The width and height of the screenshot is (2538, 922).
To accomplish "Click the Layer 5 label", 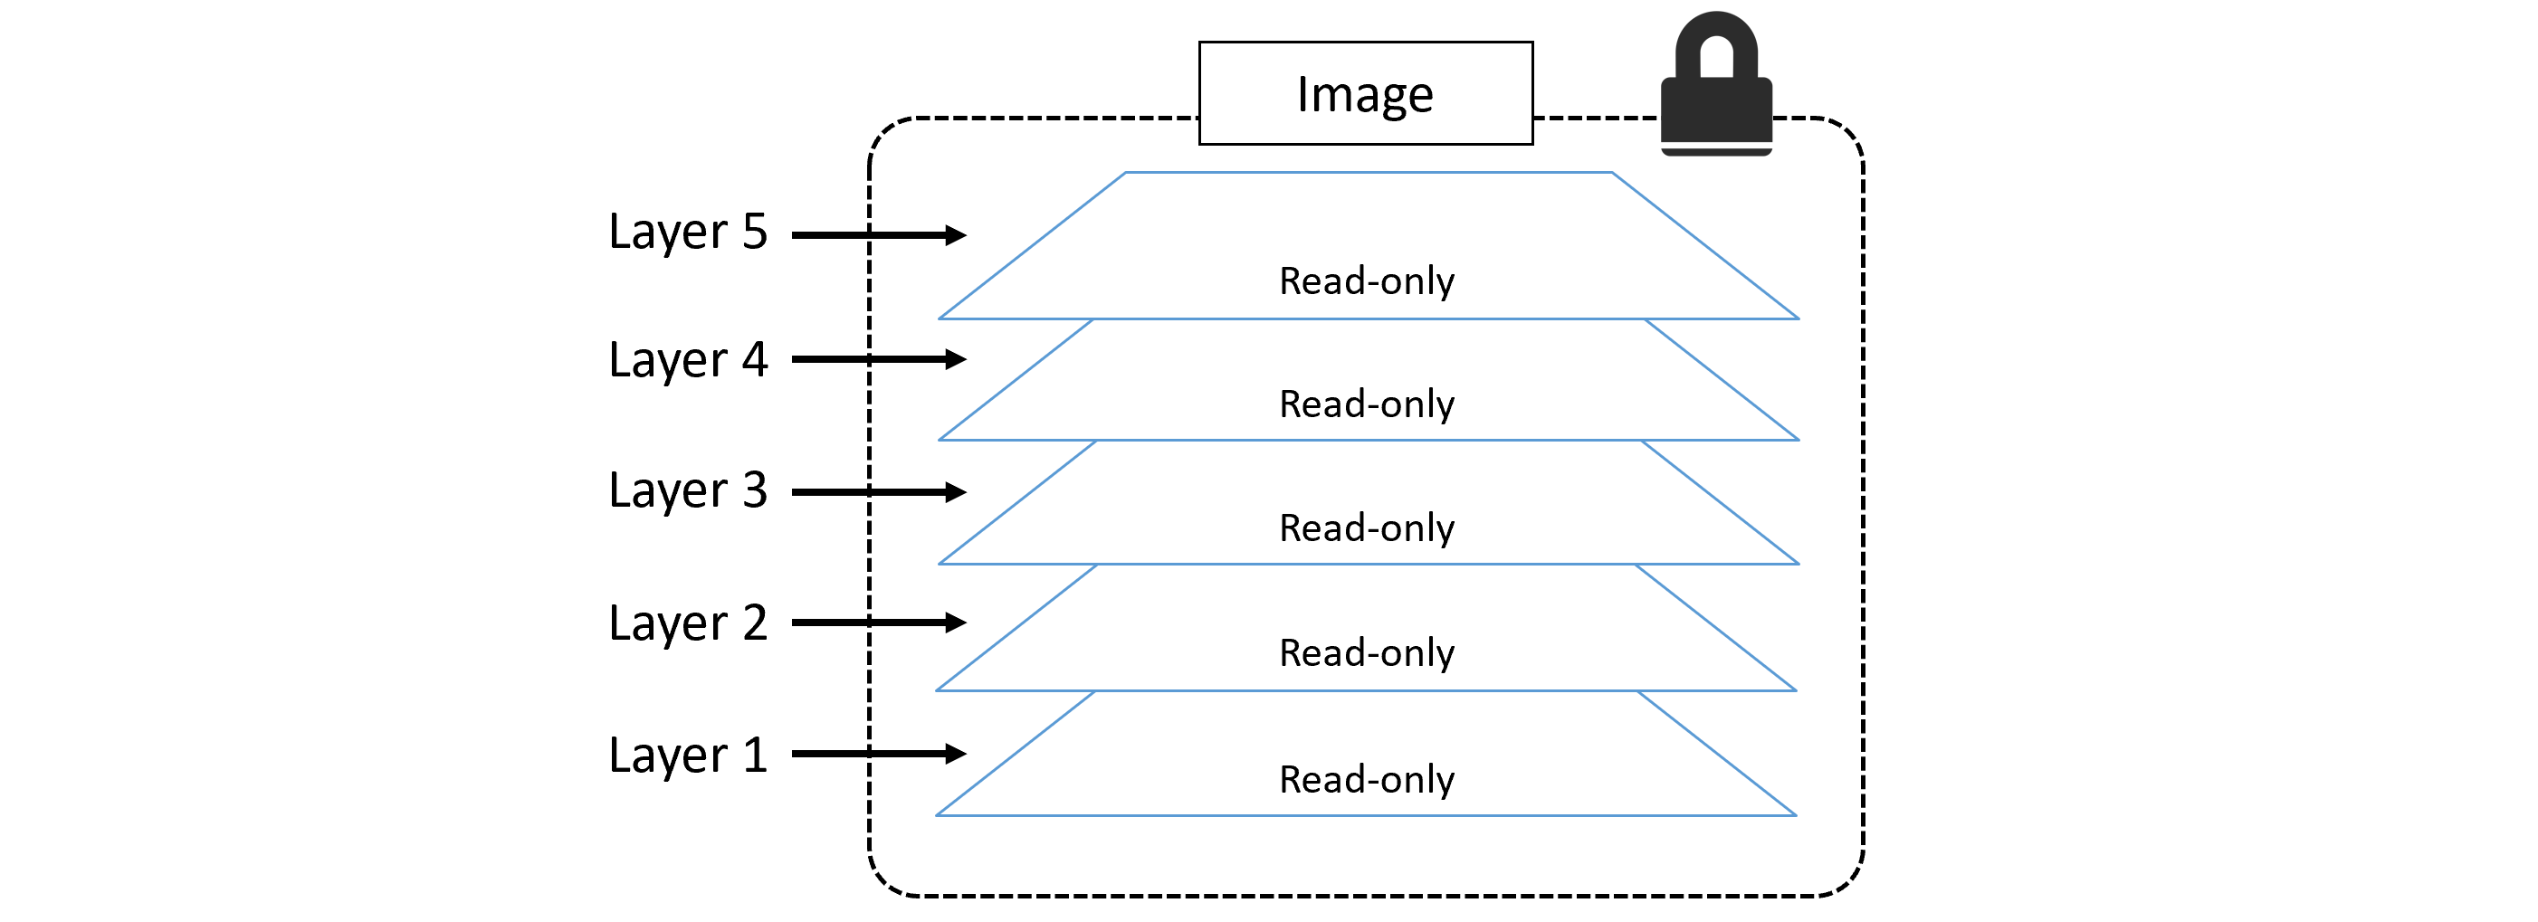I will click(x=688, y=233).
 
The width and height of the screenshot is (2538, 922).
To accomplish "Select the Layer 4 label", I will click(x=688, y=360).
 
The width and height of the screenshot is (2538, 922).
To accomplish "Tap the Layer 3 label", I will click(x=688, y=490).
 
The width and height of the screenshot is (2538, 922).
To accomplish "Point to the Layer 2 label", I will click(x=688, y=623).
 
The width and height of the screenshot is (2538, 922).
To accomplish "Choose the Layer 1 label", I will click(x=688, y=756).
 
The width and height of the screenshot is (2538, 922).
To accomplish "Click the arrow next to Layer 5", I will click(x=878, y=235).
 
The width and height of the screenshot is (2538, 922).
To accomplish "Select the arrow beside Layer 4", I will click(x=878, y=359).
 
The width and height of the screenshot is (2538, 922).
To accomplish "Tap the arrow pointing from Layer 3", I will click(x=878, y=492).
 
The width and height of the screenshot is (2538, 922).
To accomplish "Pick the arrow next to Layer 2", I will click(x=878, y=623).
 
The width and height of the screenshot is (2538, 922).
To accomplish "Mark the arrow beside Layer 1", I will click(x=878, y=755).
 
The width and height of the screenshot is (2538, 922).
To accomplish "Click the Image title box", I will click(x=1366, y=93).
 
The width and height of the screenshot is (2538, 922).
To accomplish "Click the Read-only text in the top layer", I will click(x=1367, y=281).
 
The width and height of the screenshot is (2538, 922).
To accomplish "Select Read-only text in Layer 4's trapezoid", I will click(x=1367, y=404).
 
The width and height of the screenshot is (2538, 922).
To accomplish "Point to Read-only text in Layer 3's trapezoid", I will click(x=1367, y=529).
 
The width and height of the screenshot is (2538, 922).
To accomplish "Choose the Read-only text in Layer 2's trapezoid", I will click(x=1367, y=653).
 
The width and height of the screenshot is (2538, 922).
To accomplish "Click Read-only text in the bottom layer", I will click(x=1367, y=780).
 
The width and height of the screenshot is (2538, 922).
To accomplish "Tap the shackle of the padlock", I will click(x=1716, y=35).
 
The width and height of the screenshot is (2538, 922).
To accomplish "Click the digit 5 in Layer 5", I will click(x=755, y=232).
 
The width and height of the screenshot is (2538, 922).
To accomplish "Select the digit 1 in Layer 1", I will click(x=755, y=756).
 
